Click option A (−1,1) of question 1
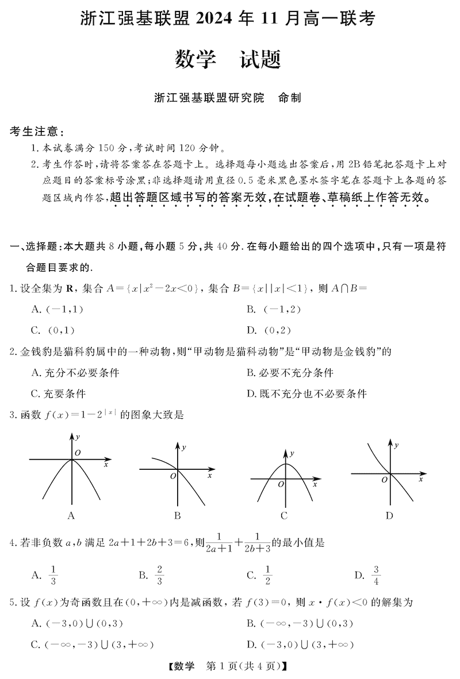[x=57, y=310]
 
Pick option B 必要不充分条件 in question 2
[x=290, y=373]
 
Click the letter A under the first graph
[x=71, y=515]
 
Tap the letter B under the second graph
[x=178, y=515]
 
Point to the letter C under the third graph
[x=284, y=515]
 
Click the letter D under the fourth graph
[x=389, y=515]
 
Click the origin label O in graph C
[x=281, y=484]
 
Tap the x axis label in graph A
[x=106, y=464]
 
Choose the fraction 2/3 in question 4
[x=160, y=574]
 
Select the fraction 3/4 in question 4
[x=376, y=574]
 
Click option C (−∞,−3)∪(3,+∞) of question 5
[x=95, y=645]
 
